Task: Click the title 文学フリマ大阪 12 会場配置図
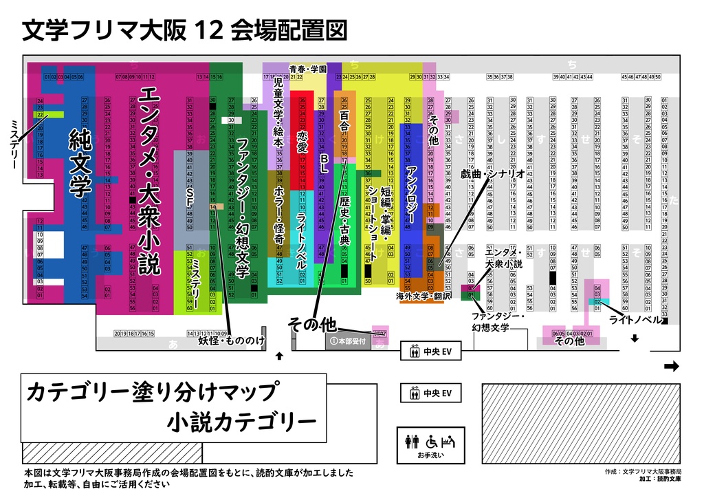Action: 184,30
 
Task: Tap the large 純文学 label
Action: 80,164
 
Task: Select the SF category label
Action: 190,197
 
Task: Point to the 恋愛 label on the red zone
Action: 302,142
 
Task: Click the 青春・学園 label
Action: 307,69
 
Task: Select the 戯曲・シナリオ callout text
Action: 493,174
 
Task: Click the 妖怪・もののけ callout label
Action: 231,340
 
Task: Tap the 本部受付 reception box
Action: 349,341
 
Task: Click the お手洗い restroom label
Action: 430,454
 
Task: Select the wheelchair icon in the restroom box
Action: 432,440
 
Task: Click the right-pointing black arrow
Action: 672,367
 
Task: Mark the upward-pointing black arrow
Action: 279,356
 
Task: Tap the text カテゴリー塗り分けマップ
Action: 151,392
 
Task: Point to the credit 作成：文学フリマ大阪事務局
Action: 643,472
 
